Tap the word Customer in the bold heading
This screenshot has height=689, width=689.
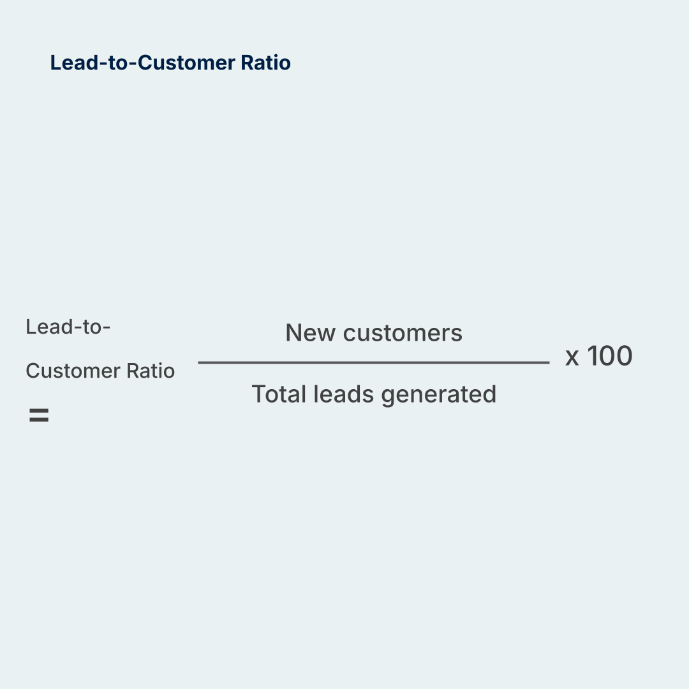pyautogui.click(x=187, y=63)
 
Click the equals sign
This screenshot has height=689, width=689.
pyautogui.click(x=39, y=415)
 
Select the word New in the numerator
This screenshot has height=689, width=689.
pyautogui.click(x=310, y=332)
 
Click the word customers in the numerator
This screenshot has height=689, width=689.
pyautogui.click(x=403, y=333)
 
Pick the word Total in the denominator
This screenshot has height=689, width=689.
pyautogui.click(x=279, y=394)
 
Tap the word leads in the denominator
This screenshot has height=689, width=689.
pyautogui.click(x=343, y=394)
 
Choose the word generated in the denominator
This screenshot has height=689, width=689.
pyautogui.click(x=438, y=395)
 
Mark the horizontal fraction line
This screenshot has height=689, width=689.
pyautogui.click(x=374, y=362)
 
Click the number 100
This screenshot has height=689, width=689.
pyautogui.click(x=609, y=355)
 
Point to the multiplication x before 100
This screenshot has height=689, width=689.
pyautogui.click(x=572, y=358)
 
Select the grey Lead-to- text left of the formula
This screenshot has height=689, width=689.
pyautogui.click(x=68, y=327)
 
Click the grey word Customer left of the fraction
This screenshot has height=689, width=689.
pyautogui.click(x=72, y=371)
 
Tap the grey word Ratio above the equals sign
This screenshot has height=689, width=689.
pyautogui.click(x=151, y=371)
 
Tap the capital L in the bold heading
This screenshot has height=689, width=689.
pyautogui.click(x=56, y=63)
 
